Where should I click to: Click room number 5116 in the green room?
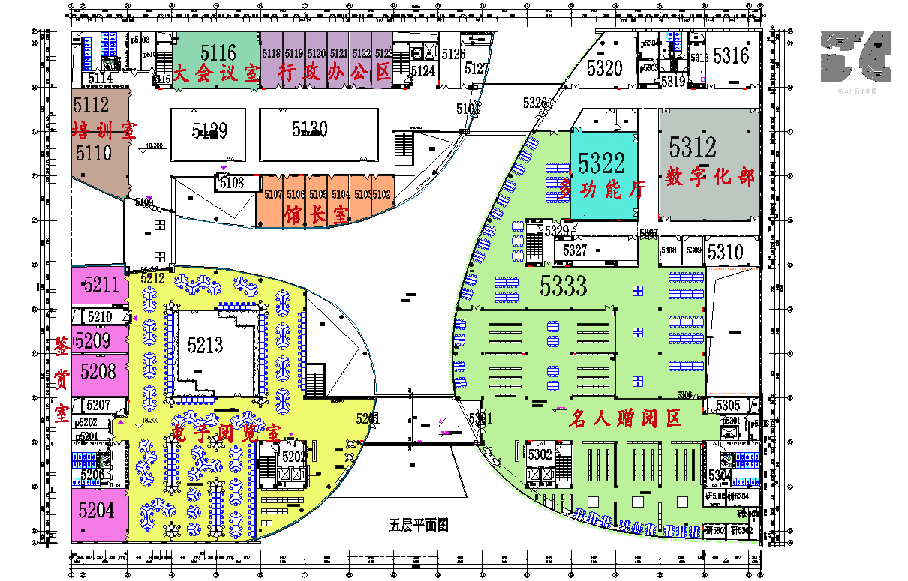tap(218, 52)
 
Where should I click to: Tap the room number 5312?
tap(693, 146)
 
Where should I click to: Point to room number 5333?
tap(564, 285)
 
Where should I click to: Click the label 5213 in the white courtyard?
tap(206, 345)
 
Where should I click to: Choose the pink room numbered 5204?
tap(96, 511)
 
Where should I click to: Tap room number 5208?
tap(98, 370)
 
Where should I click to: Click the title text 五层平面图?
tap(419, 525)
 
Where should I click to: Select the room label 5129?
tap(209, 132)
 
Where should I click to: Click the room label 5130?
tap(310, 129)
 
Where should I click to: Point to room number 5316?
tap(730, 55)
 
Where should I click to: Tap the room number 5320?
tap(605, 68)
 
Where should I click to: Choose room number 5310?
tap(725, 251)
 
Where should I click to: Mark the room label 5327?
tap(575, 250)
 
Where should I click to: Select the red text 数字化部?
tap(710, 178)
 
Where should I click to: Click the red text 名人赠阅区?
tap(625, 418)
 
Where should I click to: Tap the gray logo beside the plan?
tap(855, 55)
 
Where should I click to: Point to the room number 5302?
tap(540, 454)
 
